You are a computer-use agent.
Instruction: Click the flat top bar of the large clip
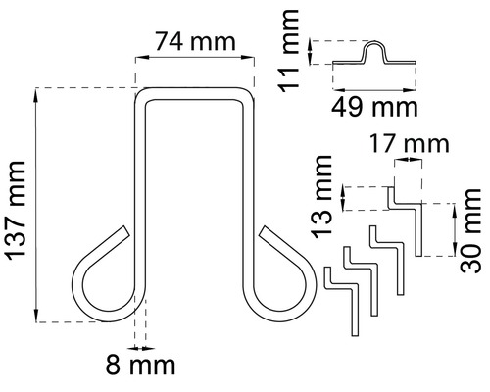coord(193,93)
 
